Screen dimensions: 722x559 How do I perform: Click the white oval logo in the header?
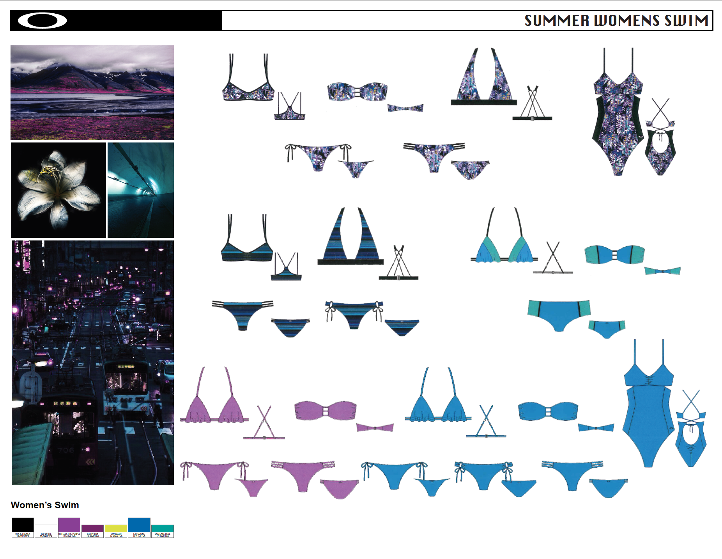(x=42, y=21)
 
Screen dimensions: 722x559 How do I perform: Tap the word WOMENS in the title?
(x=626, y=20)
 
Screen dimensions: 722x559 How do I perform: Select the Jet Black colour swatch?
(x=23, y=525)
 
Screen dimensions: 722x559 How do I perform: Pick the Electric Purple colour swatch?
(x=69, y=525)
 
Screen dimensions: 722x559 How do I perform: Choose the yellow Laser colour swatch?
(x=116, y=528)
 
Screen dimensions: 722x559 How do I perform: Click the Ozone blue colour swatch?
(x=139, y=525)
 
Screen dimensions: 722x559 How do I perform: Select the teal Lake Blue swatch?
(x=163, y=528)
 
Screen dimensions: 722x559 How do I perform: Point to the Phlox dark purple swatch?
(x=92, y=528)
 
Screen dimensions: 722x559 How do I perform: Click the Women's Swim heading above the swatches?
(x=45, y=505)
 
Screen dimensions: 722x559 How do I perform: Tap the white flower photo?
(x=58, y=190)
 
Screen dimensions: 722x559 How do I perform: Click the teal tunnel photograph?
(x=141, y=190)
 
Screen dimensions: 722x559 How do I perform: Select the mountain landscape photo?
(x=92, y=93)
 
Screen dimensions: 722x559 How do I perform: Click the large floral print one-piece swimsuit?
(x=618, y=117)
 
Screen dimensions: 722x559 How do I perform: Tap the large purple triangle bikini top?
(x=214, y=406)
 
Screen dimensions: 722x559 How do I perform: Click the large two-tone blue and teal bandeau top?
(x=614, y=255)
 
